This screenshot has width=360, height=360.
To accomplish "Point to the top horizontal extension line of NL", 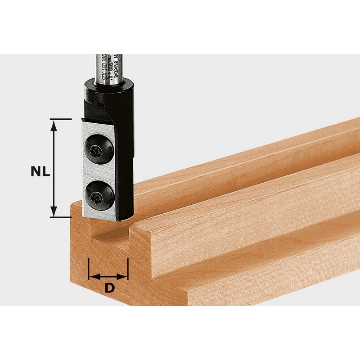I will click(60, 119).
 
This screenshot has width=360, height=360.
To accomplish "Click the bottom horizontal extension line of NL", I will click(60, 216).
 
